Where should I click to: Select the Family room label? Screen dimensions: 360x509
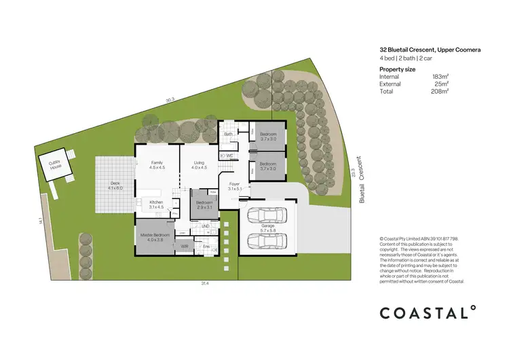(x=157, y=165)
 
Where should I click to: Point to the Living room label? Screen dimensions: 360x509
(x=199, y=165)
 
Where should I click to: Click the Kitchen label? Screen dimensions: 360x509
(x=157, y=204)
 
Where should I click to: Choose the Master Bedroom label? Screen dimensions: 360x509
(x=152, y=237)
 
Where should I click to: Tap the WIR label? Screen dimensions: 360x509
(x=184, y=246)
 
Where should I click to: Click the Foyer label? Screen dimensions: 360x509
(x=234, y=185)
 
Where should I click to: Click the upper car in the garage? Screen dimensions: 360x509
(x=269, y=215)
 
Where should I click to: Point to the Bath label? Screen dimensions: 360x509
(x=229, y=134)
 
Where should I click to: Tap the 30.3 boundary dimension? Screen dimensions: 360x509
(x=170, y=99)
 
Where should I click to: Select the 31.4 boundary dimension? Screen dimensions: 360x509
(x=204, y=283)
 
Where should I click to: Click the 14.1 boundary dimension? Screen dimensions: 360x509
(x=41, y=220)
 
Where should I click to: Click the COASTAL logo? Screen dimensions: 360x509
(x=426, y=312)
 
